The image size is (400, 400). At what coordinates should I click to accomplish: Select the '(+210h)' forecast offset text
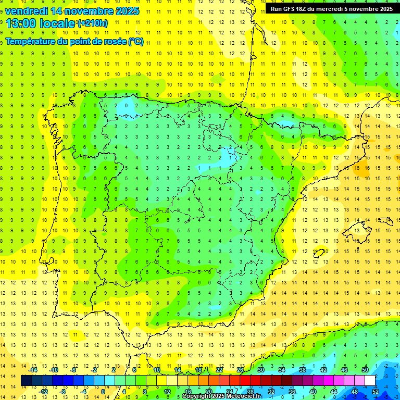pyautogui.click(x=93, y=23)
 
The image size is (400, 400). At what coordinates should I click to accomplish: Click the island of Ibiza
pyautogui.click(x=319, y=253)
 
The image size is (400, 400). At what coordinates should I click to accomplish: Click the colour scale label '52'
pyautogui.click(x=375, y=391)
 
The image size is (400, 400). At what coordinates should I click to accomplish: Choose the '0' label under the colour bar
pyautogui.click(x=103, y=391)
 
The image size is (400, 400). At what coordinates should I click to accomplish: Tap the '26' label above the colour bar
pyautogui.click(x=240, y=370)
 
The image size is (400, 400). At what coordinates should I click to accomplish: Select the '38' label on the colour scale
pyautogui.click(x=303, y=370)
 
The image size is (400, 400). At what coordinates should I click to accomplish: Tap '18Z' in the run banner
pyautogui.click(x=307, y=9)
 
